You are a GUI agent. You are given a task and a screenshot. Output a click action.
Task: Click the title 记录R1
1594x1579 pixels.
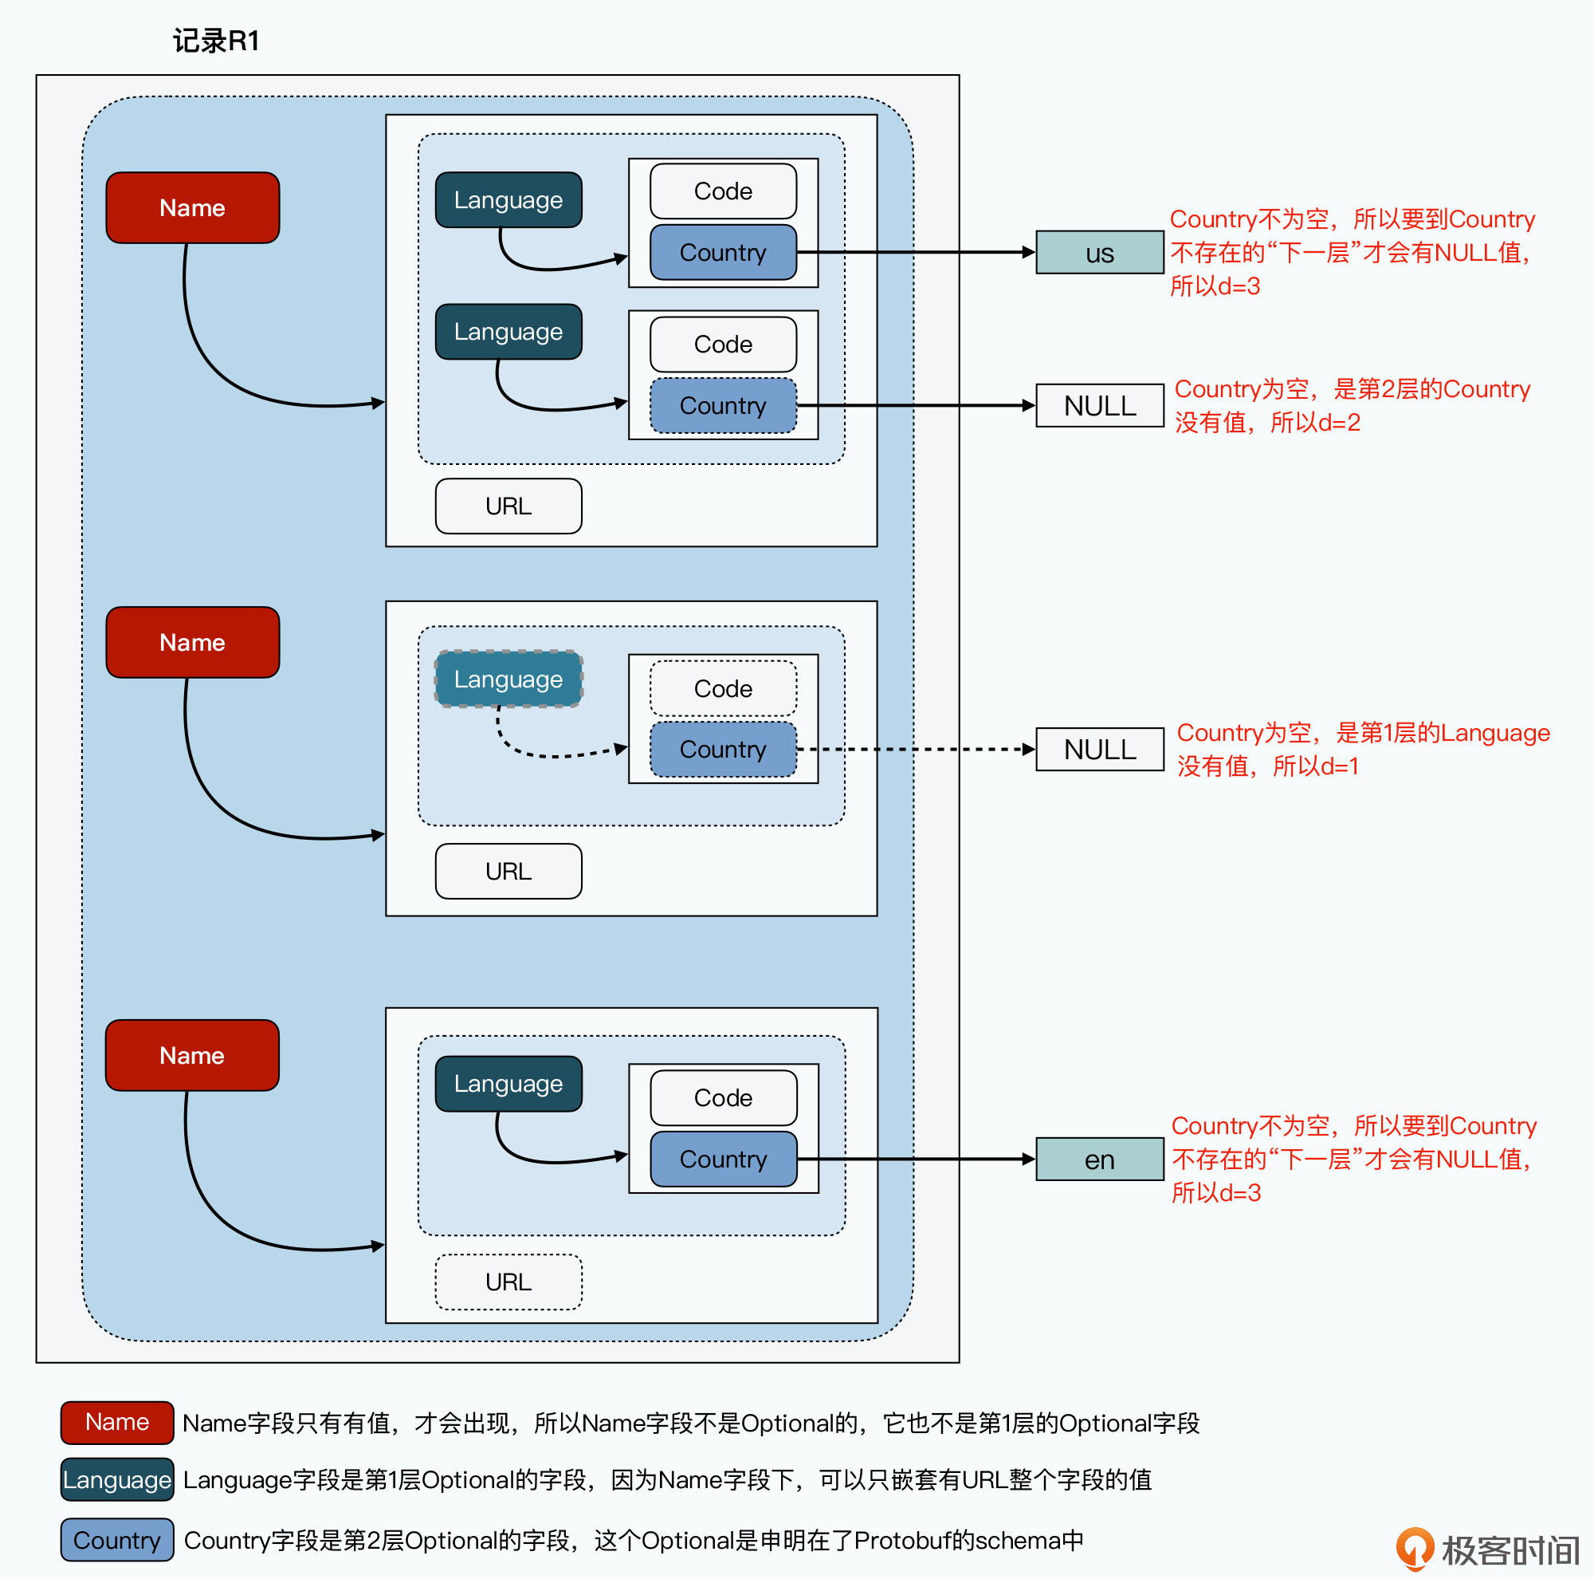[x=216, y=41]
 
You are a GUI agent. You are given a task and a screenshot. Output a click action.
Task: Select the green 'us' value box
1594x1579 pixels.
[x=1099, y=253]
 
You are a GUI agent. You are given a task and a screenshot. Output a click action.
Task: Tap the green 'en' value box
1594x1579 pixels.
[x=1099, y=1159]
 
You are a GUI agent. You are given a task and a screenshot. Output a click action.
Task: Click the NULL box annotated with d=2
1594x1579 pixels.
[x=1099, y=405]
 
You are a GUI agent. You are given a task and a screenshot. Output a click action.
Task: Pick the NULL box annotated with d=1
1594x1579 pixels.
[x=1099, y=750]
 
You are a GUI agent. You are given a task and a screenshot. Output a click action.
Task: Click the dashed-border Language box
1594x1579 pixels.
[x=508, y=679]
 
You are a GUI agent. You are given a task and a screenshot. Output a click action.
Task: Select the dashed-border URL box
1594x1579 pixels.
[x=508, y=1282]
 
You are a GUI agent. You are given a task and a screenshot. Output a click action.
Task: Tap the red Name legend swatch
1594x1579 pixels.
[x=117, y=1422]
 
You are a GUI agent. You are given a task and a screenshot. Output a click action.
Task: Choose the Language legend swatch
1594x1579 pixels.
[x=117, y=1480]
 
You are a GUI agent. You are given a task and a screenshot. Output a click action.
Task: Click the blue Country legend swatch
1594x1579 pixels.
[x=117, y=1540]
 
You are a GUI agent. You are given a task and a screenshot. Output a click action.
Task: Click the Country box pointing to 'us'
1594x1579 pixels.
[x=723, y=253]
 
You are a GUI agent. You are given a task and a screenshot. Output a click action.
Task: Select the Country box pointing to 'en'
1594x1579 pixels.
[x=723, y=1159]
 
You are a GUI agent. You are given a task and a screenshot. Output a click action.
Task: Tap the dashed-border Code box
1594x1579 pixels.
[x=723, y=688]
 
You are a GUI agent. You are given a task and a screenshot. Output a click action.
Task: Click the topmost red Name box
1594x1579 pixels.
[x=192, y=208]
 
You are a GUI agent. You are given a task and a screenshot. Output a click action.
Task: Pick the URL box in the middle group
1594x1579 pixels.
[x=508, y=871]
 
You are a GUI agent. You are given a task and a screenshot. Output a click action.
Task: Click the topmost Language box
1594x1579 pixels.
[x=508, y=199]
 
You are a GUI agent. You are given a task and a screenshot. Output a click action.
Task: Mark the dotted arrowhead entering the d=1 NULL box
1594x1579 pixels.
[x=1029, y=750]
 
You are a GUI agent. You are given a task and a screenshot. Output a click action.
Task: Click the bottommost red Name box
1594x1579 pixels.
[x=192, y=1055]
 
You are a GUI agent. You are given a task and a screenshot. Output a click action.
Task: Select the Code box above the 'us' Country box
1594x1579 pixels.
[x=723, y=191]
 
